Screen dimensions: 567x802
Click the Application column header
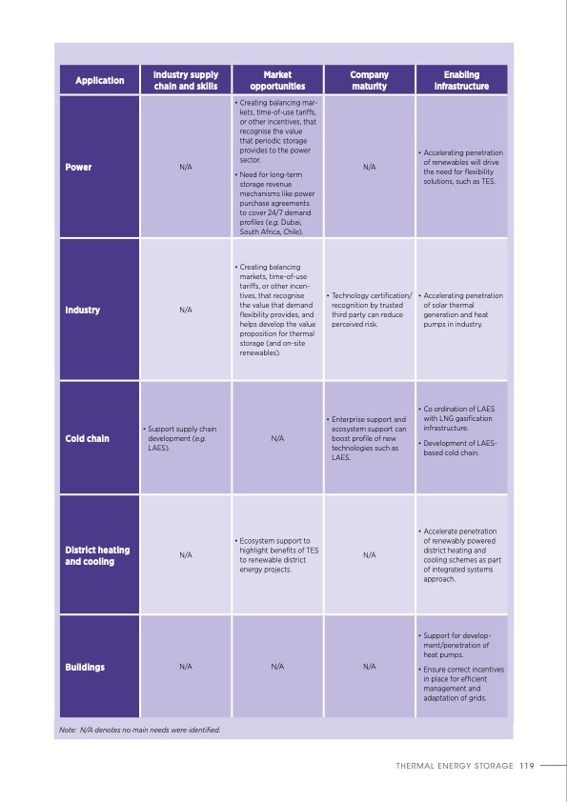100,80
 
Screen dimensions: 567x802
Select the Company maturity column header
369,80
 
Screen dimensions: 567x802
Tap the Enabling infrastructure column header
461,80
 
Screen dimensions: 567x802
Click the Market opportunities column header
277,80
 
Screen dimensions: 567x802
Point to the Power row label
79,167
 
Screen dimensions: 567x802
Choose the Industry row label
83,310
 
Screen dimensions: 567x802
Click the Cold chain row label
87,439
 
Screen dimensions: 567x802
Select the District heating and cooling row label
97,555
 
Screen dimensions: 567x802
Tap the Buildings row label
85,667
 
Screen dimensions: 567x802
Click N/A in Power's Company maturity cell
370,167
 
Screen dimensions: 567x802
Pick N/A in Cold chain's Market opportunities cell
277,439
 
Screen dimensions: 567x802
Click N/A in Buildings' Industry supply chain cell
186,667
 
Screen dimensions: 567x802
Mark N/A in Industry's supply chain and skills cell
186,310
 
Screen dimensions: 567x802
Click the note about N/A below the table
139,730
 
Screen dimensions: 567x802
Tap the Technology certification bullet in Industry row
371,310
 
